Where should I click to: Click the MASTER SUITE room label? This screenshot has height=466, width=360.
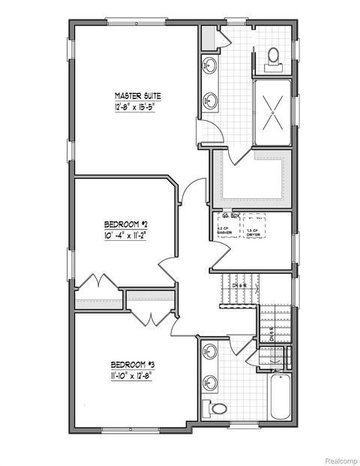(x=137, y=96)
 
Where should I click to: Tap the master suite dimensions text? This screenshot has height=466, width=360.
(x=137, y=109)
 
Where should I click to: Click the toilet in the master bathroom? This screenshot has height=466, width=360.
(x=274, y=54)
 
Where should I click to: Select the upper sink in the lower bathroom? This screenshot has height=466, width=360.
(x=209, y=350)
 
